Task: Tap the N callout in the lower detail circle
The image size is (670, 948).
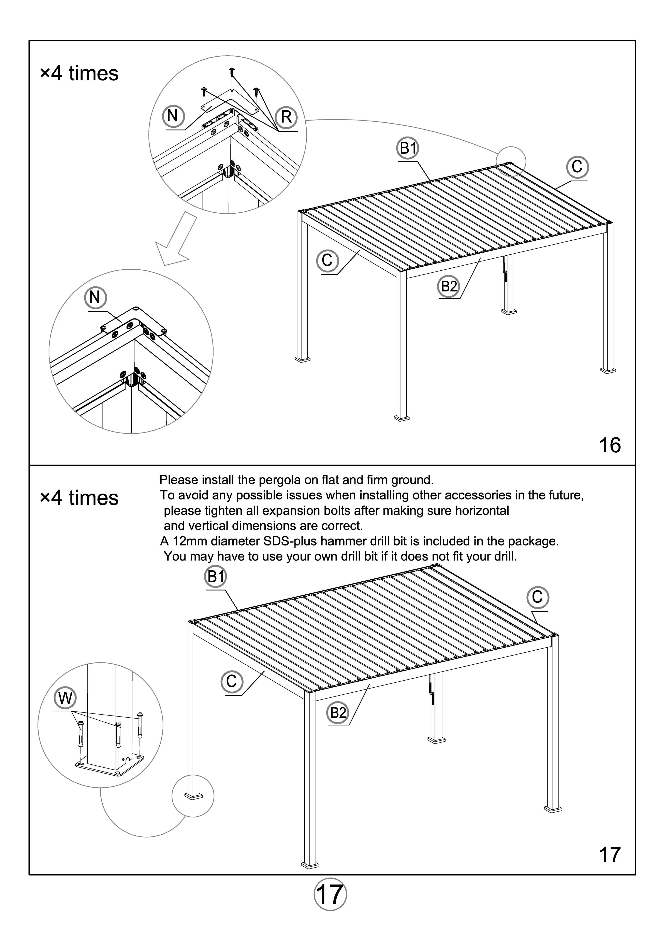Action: (95, 297)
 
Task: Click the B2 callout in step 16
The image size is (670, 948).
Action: (449, 286)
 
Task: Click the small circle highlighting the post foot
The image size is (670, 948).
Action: (193, 796)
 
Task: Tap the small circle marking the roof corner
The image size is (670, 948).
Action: (511, 162)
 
